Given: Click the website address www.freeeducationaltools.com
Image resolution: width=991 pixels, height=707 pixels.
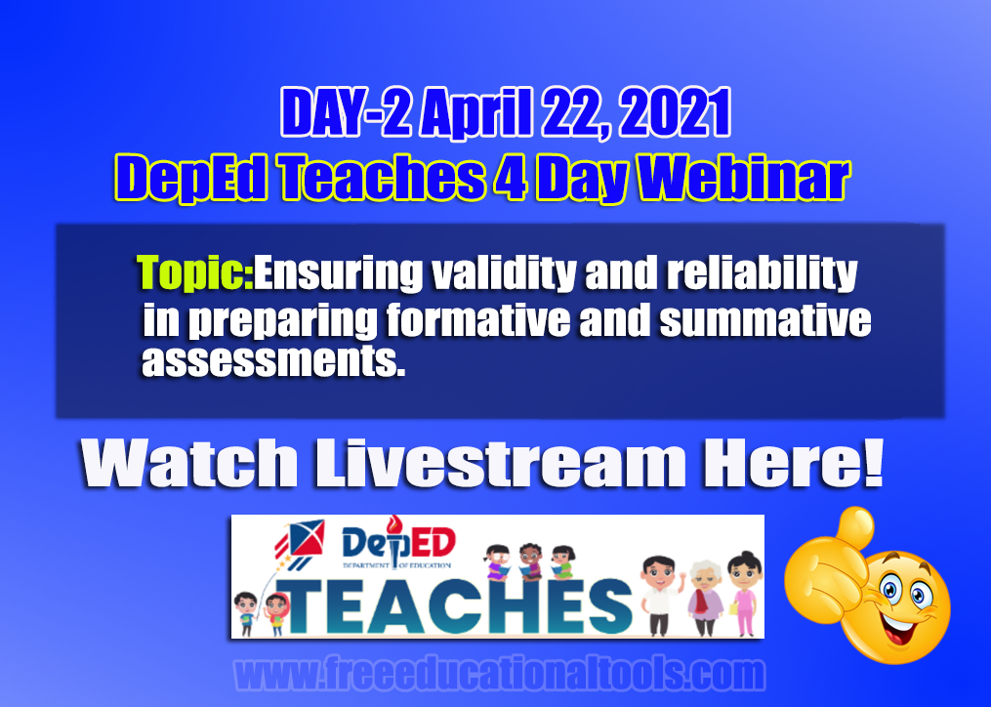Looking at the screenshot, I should tap(499, 675).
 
